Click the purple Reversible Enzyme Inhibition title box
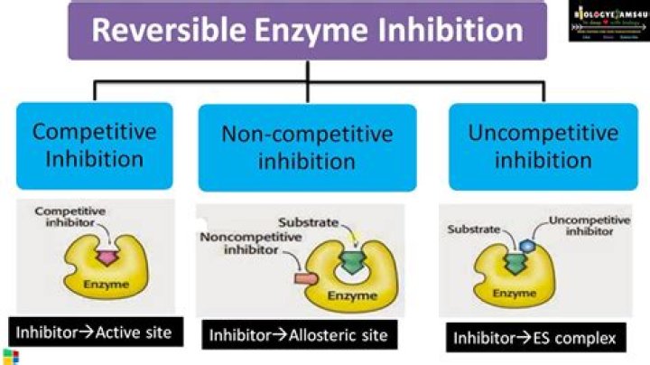[307, 32]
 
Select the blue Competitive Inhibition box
[94, 145]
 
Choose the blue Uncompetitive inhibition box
[543, 146]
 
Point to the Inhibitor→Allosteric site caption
[298, 335]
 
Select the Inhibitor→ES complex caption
[534, 339]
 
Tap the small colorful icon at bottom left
[9, 356]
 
